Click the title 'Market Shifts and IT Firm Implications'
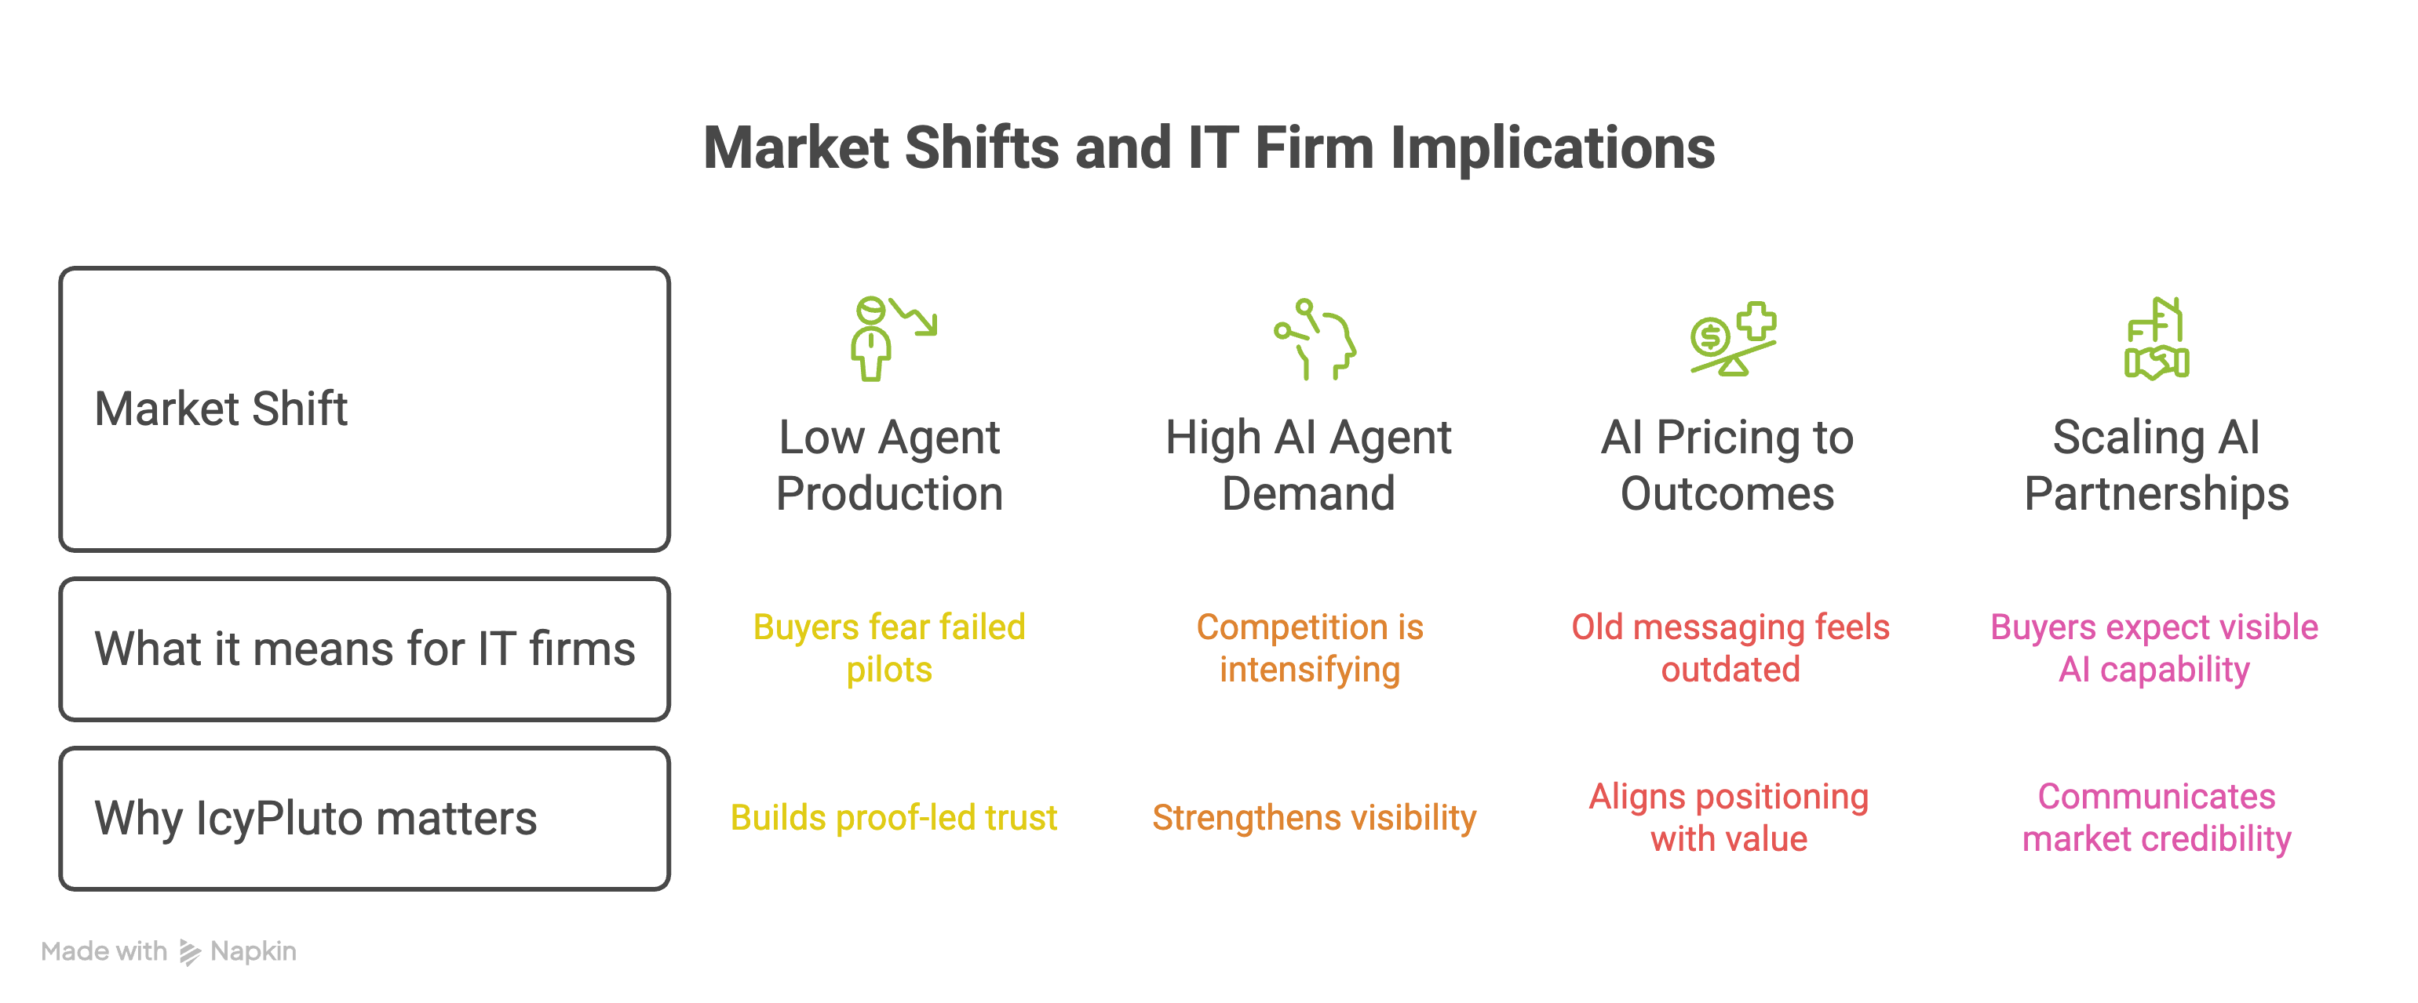1209,148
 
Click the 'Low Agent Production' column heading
889,465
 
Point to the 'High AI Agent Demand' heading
1308,465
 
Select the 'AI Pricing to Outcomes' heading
1727,465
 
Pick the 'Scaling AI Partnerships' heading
2156,465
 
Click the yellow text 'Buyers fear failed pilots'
889,649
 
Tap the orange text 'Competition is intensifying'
1309,649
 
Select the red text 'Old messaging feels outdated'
1730,649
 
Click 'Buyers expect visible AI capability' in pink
2154,649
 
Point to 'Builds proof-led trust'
894,817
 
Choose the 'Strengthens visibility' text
1314,817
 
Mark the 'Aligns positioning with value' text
1729,817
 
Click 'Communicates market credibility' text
2156,817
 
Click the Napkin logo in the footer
191,952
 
